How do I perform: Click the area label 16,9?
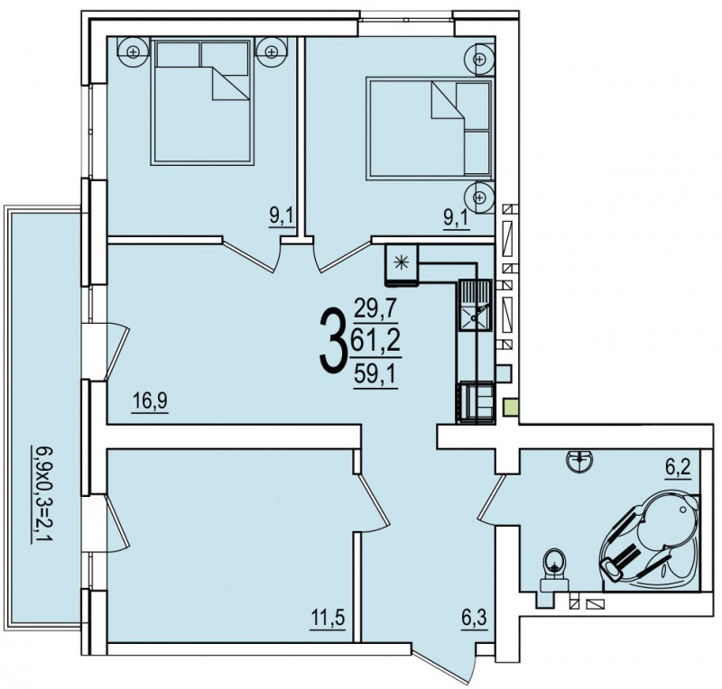click(150, 400)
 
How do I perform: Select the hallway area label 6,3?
click(474, 617)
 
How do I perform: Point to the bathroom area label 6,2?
click(678, 468)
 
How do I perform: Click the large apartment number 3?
click(332, 341)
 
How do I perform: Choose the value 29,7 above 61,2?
click(375, 308)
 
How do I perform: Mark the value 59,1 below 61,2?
click(375, 374)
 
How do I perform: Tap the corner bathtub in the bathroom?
click(649, 542)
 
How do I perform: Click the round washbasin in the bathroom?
click(580, 461)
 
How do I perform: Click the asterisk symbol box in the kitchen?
click(402, 262)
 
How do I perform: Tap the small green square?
click(511, 408)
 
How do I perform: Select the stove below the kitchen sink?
click(476, 402)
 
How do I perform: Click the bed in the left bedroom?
click(202, 102)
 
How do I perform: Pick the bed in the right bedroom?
click(430, 128)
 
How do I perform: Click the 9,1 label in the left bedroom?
click(282, 216)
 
